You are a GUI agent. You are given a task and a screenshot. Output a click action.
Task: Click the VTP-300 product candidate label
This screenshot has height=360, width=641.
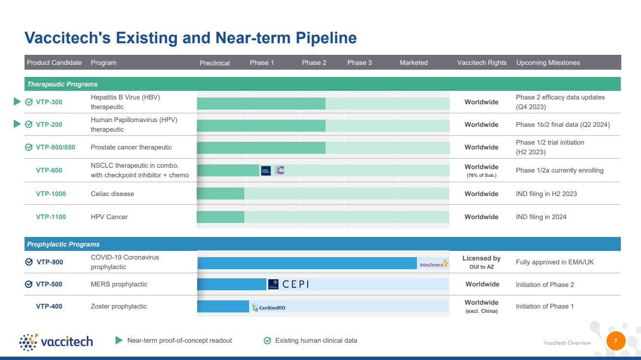49,102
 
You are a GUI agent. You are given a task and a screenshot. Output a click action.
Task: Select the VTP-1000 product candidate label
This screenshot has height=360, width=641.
51,194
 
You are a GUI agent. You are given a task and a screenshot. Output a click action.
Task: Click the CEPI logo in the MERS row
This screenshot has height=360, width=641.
295,284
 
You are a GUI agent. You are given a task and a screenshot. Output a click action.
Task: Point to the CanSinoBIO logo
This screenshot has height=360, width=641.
269,308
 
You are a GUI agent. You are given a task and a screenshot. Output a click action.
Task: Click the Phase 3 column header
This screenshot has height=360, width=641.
359,62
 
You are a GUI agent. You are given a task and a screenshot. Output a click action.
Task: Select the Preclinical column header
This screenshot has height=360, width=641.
214,63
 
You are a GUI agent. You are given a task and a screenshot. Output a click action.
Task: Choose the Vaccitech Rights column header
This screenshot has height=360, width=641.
482,62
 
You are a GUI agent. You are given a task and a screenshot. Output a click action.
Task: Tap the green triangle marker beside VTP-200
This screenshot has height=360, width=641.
17,124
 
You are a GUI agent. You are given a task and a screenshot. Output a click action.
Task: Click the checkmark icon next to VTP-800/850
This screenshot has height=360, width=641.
29,147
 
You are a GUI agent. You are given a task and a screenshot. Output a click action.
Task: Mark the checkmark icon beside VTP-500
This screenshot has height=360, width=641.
29,284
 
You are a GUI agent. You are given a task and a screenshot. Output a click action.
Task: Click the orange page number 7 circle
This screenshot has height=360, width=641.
616,341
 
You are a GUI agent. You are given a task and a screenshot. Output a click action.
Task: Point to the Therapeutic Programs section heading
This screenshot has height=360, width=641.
62,85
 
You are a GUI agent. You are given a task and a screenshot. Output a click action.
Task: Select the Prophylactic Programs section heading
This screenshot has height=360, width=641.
63,244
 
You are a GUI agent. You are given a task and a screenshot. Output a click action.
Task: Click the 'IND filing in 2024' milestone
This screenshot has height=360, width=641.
541,217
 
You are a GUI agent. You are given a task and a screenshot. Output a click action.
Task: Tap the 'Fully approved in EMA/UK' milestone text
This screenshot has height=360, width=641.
554,262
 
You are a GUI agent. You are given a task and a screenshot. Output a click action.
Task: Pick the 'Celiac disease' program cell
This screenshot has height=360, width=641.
112,194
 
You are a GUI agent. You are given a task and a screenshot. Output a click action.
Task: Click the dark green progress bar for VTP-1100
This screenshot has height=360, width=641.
220,217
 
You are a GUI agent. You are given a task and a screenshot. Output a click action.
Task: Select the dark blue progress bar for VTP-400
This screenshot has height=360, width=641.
223,306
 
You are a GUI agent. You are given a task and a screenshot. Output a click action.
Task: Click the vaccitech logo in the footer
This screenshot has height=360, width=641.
56,342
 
